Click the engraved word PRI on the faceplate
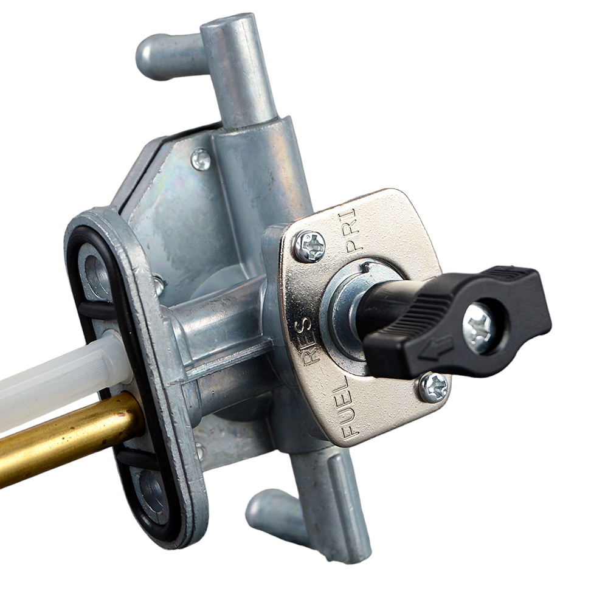[x=351, y=230]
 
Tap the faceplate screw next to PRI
[x=309, y=246]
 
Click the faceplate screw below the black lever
[x=434, y=387]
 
